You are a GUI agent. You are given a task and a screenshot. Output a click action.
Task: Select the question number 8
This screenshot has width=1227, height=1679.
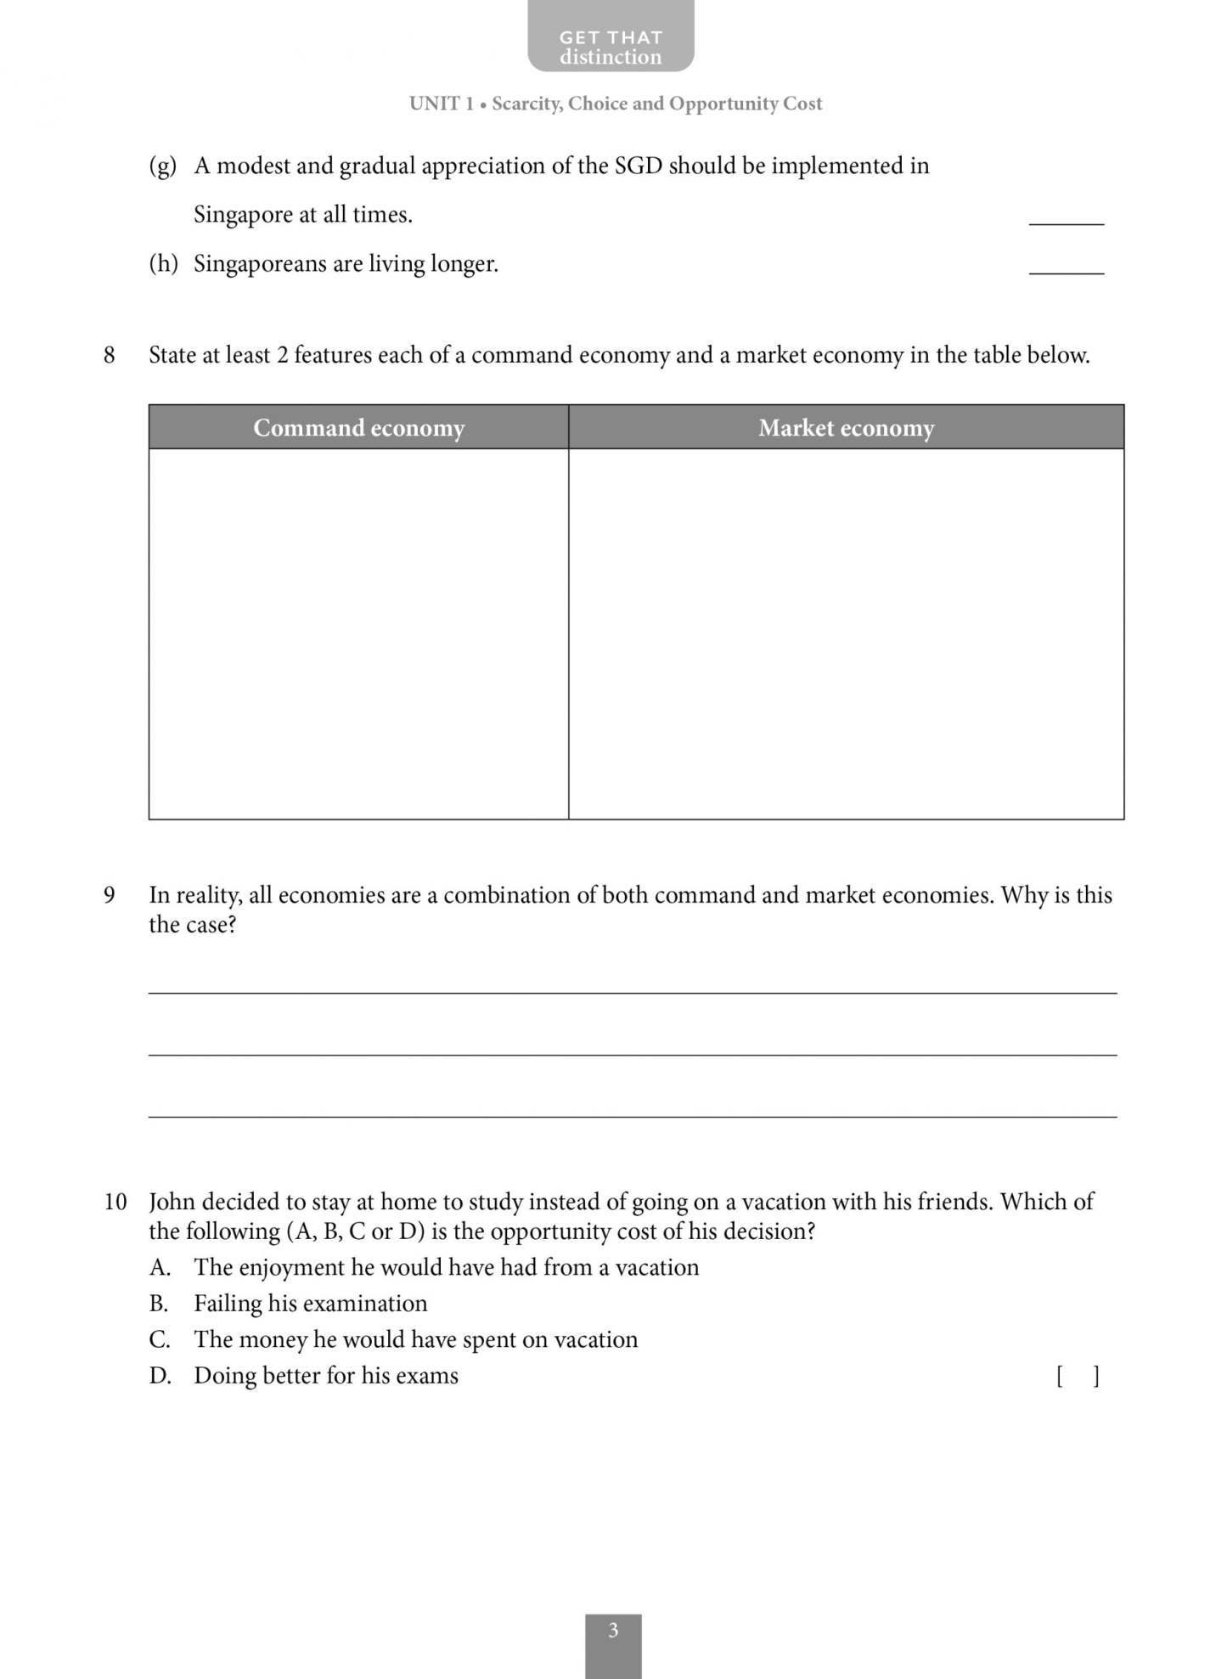coord(109,355)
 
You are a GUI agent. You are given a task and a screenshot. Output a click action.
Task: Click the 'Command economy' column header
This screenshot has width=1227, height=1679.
coord(358,427)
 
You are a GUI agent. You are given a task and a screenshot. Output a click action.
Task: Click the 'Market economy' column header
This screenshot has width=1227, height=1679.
coord(846,427)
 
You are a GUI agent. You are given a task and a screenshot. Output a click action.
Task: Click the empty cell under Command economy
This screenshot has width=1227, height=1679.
coord(358,633)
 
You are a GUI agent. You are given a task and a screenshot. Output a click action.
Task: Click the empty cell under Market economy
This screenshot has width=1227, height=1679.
coord(846,633)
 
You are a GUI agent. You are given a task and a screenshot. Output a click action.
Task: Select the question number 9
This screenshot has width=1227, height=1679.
coord(109,895)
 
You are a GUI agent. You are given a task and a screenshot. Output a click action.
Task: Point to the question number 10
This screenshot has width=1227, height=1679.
coord(115,1202)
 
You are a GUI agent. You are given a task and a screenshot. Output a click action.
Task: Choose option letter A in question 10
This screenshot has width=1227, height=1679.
coord(160,1267)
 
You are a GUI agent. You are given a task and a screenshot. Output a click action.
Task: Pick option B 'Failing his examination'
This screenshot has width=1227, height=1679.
coord(310,1304)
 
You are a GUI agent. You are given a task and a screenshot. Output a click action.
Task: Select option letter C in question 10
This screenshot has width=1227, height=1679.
coord(160,1339)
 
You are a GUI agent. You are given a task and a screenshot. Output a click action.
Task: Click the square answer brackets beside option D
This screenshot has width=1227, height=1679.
coord(1078,1376)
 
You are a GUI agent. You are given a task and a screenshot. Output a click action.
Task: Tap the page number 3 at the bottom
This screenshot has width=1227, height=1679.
coord(613,1630)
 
